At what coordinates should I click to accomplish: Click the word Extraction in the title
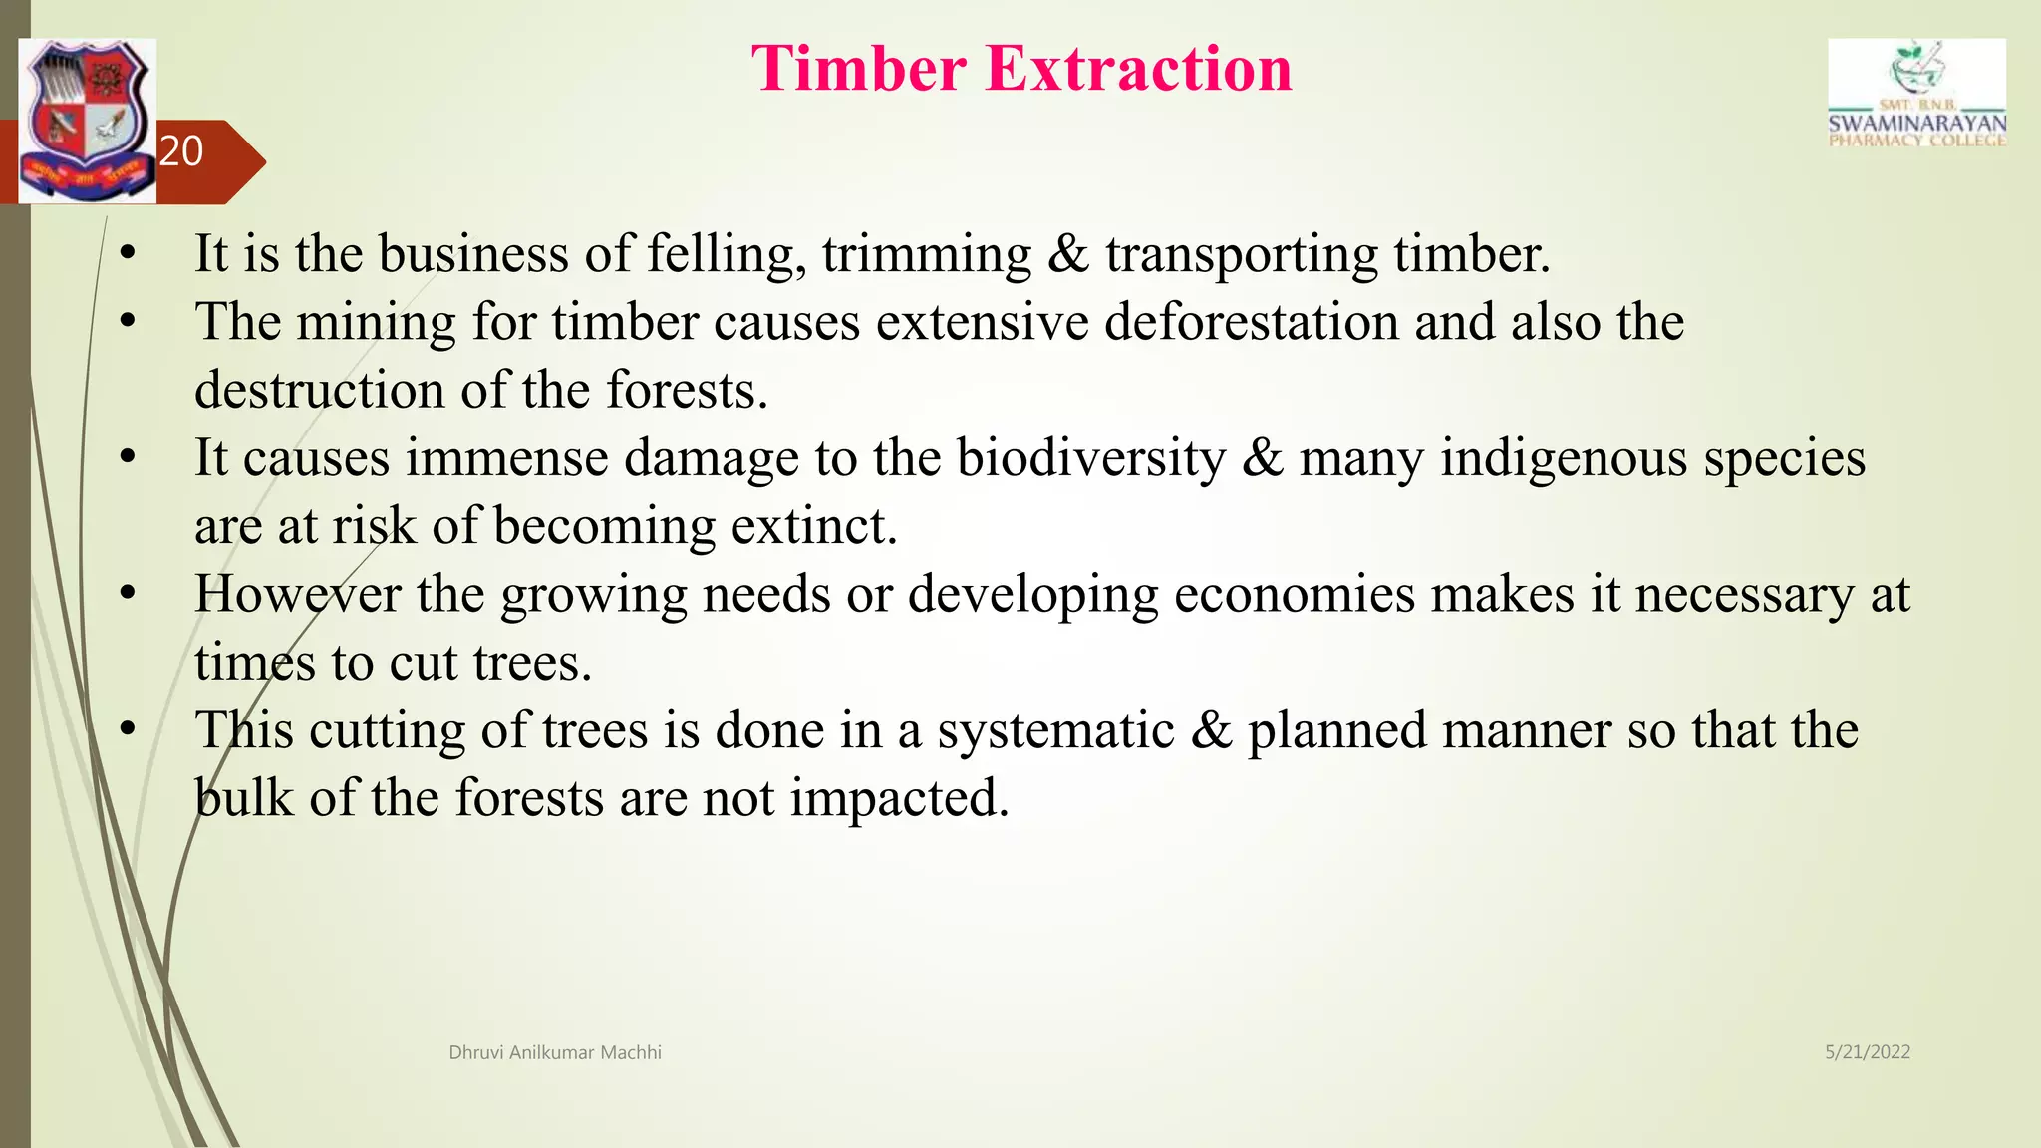pyautogui.click(x=1138, y=69)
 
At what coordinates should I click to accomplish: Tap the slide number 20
pyautogui.click(x=181, y=151)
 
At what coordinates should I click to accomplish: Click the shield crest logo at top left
pyautogui.click(x=88, y=121)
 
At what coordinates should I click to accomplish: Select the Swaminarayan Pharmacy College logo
pyautogui.click(x=1916, y=95)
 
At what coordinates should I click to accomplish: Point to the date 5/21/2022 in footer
pyautogui.click(x=1867, y=1052)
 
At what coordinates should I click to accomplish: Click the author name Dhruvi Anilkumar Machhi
pyautogui.click(x=555, y=1052)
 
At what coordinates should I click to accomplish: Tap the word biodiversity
pyautogui.click(x=1091, y=458)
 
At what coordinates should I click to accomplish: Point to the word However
pyautogui.click(x=297, y=594)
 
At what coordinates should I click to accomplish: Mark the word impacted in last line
pyautogui.click(x=899, y=798)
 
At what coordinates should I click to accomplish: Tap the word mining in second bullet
pyautogui.click(x=376, y=322)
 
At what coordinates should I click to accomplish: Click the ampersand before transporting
pyautogui.click(x=1068, y=253)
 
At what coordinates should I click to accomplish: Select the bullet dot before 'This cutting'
pyautogui.click(x=127, y=730)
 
